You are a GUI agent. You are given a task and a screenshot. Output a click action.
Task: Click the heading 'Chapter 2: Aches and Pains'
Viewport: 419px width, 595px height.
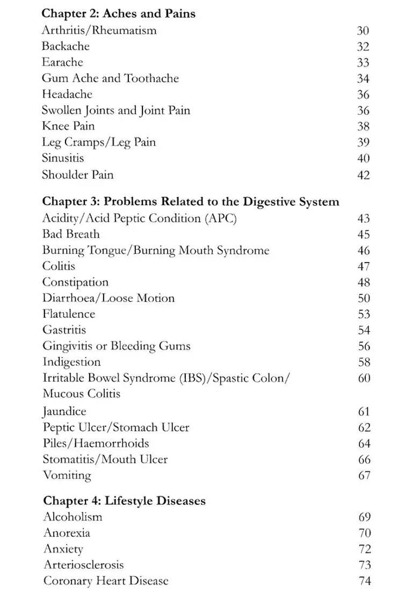118,13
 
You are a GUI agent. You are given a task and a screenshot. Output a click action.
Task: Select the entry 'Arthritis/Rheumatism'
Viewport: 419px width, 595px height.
99,30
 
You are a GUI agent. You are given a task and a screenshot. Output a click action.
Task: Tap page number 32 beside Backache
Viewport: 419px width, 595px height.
363,47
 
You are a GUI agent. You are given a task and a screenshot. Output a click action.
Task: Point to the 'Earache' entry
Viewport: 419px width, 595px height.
62,62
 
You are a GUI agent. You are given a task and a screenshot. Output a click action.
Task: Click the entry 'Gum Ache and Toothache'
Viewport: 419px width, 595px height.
110,78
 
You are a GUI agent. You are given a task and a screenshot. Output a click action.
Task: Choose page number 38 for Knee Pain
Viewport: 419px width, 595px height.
363,127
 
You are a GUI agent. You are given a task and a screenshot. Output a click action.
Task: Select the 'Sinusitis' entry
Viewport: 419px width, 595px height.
63,158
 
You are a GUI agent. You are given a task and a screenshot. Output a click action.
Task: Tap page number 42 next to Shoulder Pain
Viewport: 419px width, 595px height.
363,175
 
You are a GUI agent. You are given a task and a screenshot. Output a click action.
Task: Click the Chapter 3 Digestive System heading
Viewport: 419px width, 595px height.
191,202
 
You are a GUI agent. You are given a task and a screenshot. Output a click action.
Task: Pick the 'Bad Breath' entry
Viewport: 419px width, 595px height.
71,234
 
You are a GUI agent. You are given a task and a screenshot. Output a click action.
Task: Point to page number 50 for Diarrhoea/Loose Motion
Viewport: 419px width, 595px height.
364,299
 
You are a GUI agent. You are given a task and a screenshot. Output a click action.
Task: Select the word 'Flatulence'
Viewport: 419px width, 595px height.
69,314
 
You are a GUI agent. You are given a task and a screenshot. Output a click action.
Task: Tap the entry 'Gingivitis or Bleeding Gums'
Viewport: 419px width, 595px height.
117,346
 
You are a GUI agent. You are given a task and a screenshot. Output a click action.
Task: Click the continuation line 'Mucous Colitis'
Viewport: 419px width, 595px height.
82,394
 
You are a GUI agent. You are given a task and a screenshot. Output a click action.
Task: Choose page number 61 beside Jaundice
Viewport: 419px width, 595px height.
364,412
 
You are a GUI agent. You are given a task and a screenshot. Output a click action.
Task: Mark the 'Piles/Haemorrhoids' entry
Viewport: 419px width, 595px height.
96,444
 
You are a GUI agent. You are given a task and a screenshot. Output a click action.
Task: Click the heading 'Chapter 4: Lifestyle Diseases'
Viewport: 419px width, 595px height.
124,501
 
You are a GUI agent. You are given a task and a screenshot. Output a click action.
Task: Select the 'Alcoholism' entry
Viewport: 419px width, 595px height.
73,517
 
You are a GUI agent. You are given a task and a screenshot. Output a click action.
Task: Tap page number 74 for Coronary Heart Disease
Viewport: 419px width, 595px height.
364,581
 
